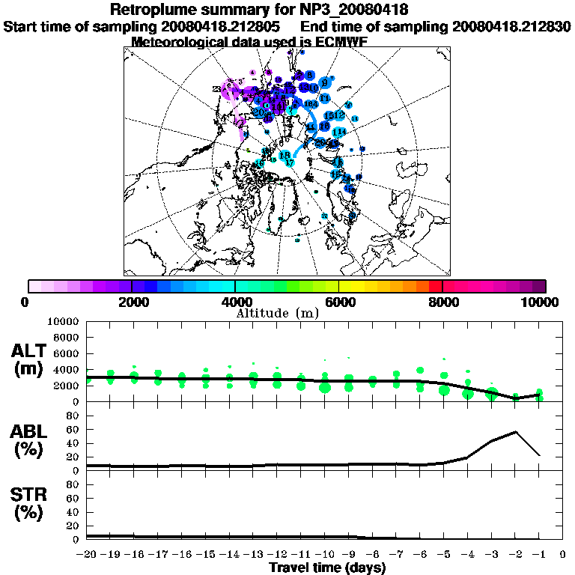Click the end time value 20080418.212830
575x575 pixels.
[x=512, y=26]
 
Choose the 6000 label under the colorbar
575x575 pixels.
[x=338, y=302]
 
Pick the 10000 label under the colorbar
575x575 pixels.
[x=540, y=302]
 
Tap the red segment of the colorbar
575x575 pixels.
[x=435, y=286]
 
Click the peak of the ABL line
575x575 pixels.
[x=516, y=432]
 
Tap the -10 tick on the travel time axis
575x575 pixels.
[x=324, y=554]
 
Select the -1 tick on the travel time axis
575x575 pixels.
[x=539, y=554]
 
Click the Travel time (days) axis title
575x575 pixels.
[x=327, y=568]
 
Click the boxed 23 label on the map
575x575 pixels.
[x=216, y=89]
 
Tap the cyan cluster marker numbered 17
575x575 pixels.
[x=290, y=162]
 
